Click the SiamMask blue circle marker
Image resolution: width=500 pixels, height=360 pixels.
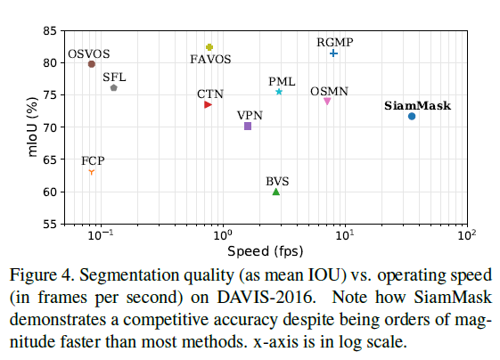tap(412, 117)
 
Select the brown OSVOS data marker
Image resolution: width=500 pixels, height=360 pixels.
tap(92, 64)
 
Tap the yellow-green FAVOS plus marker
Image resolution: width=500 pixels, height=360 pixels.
tap(209, 47)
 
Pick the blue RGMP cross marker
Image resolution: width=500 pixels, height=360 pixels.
tap(333, 53)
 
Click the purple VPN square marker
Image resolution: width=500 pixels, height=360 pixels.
tap(248, 127)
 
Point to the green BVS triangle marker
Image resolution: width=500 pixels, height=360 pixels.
tap(276, 192)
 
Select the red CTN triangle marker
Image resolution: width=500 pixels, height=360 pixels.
tap(208, 105)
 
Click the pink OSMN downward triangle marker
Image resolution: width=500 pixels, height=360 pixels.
tap(327, 102)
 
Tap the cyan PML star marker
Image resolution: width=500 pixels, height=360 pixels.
tap(279, 92)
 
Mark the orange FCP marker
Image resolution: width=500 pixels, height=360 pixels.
tap(91, 172)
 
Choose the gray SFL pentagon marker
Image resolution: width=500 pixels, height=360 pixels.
tap(114, 87)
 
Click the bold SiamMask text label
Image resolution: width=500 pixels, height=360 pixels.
tap(417, 105)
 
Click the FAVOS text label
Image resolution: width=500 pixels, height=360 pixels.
tap(211, 60)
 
